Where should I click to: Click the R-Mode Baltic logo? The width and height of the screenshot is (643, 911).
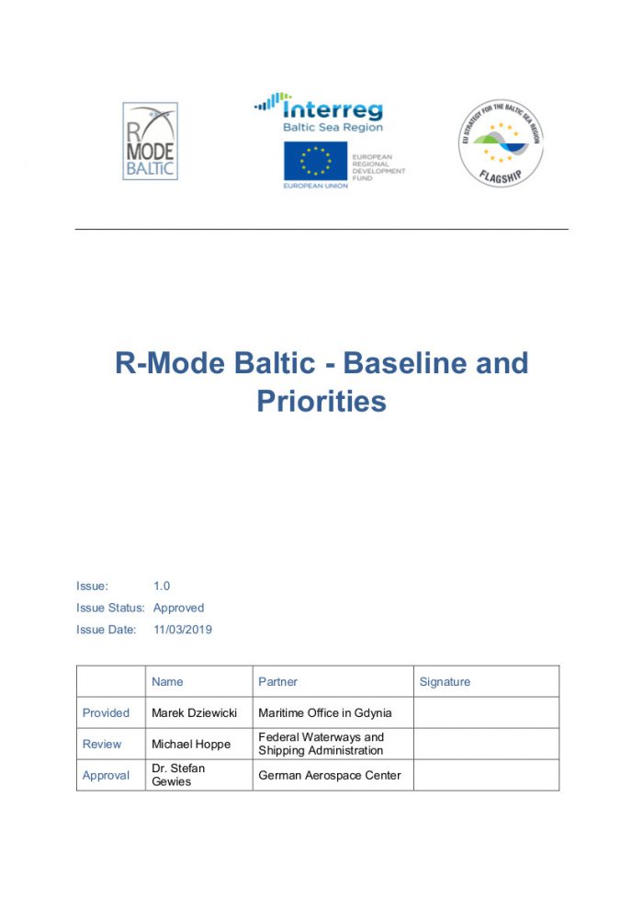[150, 141]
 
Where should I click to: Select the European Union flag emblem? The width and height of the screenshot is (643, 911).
[315, 162]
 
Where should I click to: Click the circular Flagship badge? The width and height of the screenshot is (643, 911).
[501, 143]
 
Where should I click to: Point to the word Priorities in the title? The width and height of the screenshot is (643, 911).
[321, 401]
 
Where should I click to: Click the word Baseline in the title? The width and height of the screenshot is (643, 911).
[409, 363]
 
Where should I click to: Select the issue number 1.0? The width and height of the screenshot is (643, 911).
[162, 586]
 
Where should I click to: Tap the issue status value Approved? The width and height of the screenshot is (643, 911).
[178, 608]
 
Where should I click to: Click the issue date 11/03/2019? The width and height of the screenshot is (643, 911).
[183, 630]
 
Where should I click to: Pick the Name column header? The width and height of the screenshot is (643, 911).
[167, 682]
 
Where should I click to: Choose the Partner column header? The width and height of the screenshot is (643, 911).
[277, 682]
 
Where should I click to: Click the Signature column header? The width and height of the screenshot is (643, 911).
[445, 682]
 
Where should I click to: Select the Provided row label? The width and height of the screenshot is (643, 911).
[106, 712]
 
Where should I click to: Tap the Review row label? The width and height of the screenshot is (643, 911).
[102, 744]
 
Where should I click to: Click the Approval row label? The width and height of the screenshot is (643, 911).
[106, 775]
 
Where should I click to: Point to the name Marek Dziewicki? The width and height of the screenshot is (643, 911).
[194, 712]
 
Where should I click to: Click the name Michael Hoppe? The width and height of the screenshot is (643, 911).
[191, 744]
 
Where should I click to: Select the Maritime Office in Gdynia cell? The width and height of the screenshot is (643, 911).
[324, 712]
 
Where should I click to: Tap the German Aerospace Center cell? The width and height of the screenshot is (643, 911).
[330, 775]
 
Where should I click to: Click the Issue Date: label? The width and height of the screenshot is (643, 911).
[106, 630]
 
